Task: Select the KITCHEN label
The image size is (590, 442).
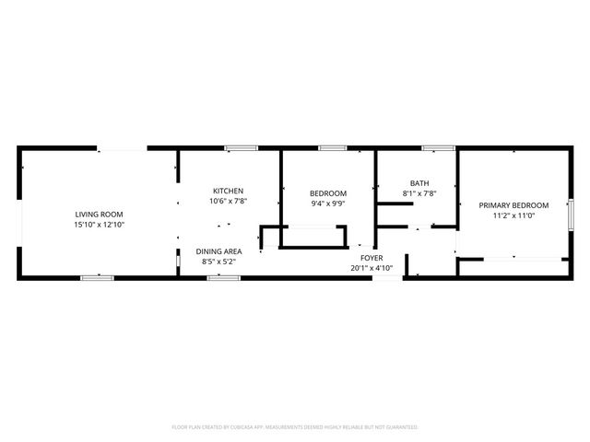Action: click(x=229, y=191)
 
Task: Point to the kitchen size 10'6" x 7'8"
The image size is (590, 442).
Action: click(x=229, y=201)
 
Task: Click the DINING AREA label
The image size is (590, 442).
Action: click(x=219, y=251)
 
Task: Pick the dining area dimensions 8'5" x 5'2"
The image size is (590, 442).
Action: click(x=219, y=262)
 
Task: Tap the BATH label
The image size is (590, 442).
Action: click(x=419, y=183)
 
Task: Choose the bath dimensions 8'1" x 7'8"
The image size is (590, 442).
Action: click(x=419, y=193)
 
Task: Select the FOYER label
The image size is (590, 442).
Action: click(x=372, y=258)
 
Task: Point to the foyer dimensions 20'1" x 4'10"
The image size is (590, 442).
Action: click(x=372, y=268)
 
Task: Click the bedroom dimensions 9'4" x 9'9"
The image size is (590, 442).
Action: click(x=328, y=204)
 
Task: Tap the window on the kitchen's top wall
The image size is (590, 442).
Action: click(x=242, y=147)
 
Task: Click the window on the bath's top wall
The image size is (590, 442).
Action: click(x=438, y=147)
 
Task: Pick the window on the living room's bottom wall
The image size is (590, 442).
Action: click(x=97, y=277)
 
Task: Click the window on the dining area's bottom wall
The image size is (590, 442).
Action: click(x=223, y=277)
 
